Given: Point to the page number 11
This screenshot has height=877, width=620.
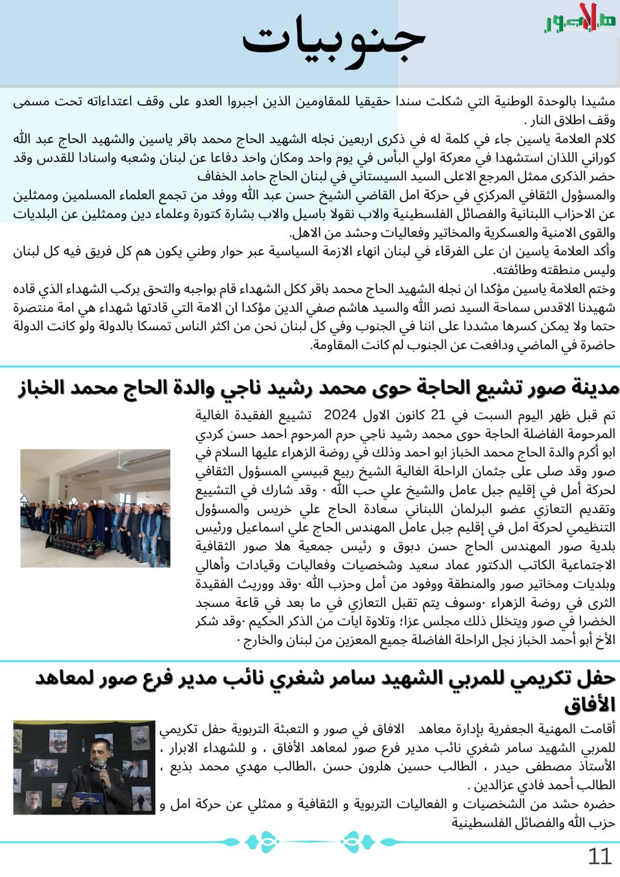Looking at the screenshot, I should (x=599, y=856).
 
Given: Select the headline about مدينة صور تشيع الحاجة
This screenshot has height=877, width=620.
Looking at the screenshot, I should (x=318, y=387).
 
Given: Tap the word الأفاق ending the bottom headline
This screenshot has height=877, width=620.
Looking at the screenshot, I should (x=590, y=705).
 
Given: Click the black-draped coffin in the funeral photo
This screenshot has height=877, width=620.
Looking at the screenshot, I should (x=75, y=545).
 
